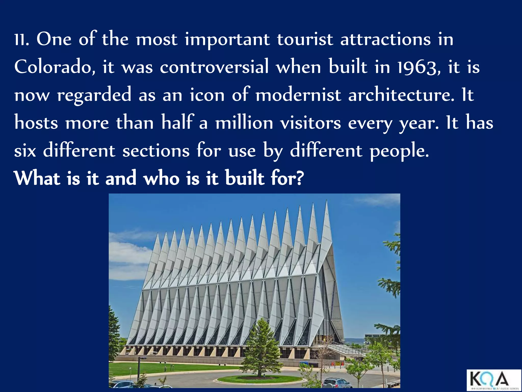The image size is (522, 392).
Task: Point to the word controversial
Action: tap(214, 67)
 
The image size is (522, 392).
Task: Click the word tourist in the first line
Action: tap(305, 40)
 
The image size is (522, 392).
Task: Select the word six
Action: tap(25, 151)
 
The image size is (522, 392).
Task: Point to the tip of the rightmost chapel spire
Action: tap(327, 201)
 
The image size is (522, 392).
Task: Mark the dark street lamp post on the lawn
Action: tap(139, 369)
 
